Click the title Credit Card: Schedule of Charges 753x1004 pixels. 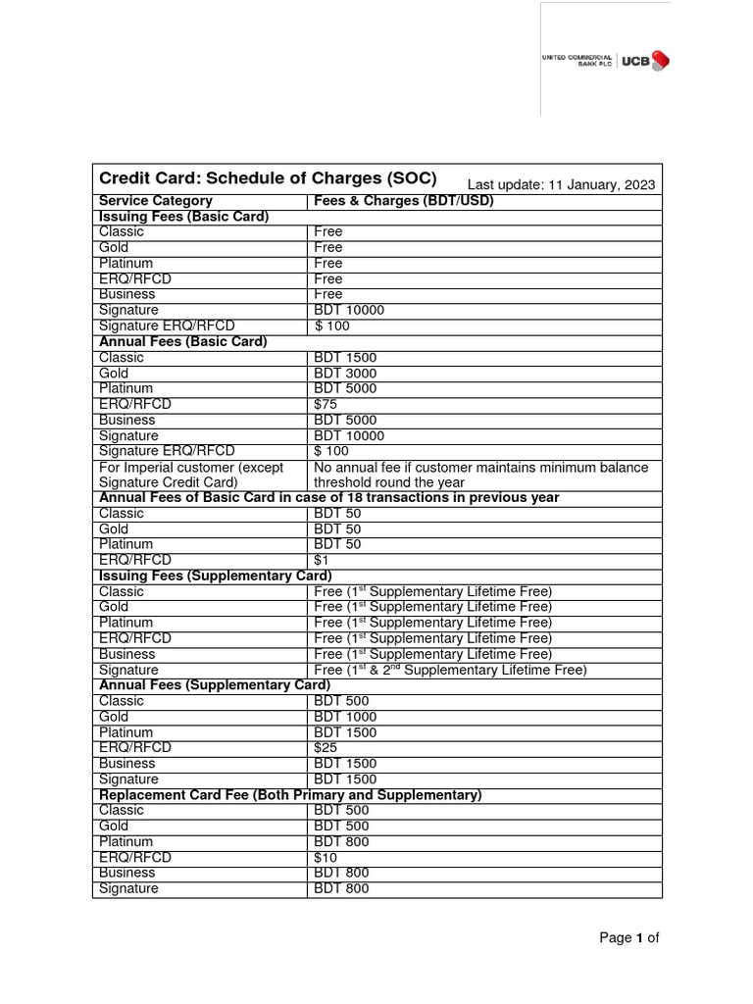(268, 179)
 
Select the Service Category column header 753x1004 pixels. (156, 201)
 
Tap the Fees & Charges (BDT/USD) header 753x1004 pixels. (404, 201)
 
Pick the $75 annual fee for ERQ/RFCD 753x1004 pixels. (325, 404)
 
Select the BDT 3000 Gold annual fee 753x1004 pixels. (344, 373)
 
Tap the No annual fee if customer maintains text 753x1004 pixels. (480, 468)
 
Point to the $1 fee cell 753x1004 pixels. (321, 560)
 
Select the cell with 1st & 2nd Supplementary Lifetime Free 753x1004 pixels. (450, 670)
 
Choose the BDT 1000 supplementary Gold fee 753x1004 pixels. (344, 717)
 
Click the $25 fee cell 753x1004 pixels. (325, 748)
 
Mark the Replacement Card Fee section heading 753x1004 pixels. (290, 795)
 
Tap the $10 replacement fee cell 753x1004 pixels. (325, 857)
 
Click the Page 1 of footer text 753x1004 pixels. (629, 938)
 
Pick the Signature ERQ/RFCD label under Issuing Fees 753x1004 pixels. (167, 326)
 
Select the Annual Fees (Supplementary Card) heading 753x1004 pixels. (215, 685)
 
